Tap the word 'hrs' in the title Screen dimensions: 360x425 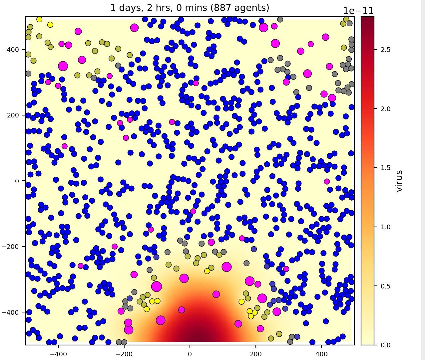pos(158,8)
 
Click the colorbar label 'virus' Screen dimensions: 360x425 pos(399,181)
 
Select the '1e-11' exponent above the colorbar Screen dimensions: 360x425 pos(358,11)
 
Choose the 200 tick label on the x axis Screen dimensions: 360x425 pos(255,352)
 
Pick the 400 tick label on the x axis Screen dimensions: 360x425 pos(321,352)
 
